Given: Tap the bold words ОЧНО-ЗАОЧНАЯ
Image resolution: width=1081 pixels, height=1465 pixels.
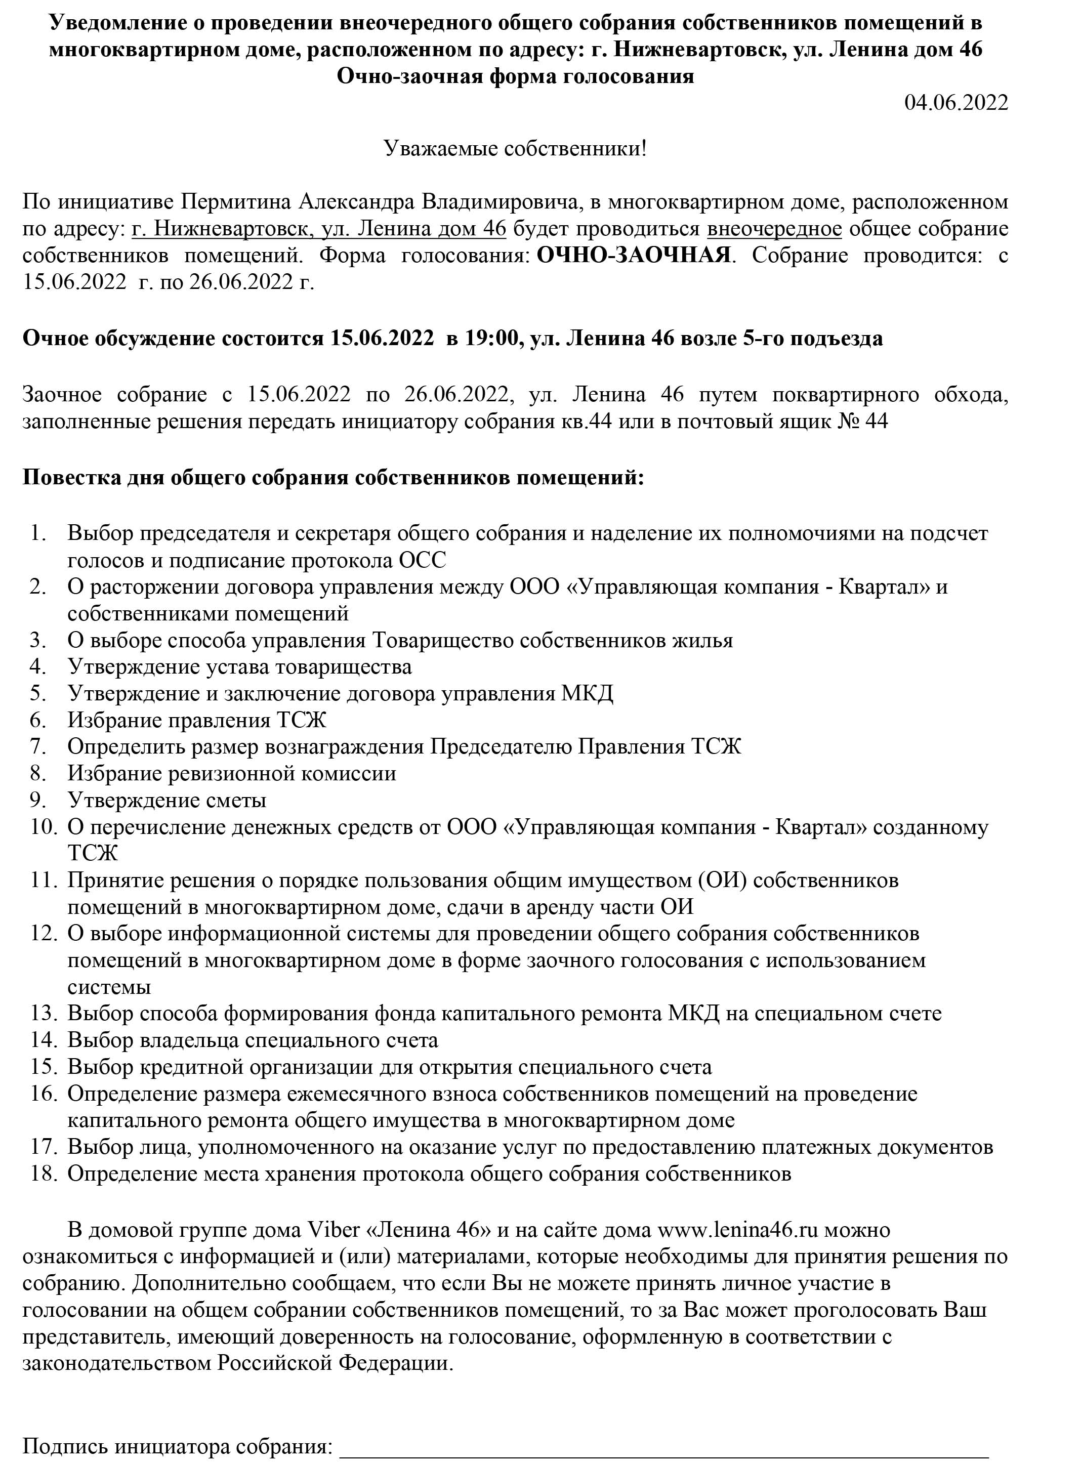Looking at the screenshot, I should (x=633, y=255).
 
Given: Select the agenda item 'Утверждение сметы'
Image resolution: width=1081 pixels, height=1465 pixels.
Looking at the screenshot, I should (x=167, y=800).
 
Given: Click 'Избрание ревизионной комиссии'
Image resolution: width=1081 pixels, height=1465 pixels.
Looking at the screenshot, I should (x=232, y=773).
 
